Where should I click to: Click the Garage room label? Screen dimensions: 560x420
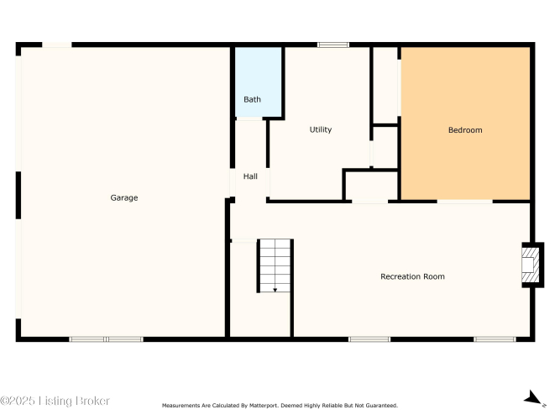124,197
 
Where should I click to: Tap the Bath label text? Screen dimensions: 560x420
252,99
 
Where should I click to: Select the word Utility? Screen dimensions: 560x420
321,129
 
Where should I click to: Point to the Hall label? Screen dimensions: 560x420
250,176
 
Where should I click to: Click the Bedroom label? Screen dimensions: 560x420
465,130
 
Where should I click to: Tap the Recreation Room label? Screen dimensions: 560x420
412,276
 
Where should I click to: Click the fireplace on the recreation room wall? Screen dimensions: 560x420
532,265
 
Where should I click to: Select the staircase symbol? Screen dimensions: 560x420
275,265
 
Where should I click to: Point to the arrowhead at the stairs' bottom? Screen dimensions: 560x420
275,290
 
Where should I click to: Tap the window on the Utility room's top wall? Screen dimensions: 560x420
332,45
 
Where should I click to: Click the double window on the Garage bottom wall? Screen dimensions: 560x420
106,339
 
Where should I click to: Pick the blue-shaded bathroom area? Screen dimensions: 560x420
259,81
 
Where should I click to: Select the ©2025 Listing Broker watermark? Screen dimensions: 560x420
55,401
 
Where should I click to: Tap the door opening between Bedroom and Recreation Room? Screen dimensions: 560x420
464,202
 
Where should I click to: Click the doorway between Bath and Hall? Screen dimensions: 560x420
249,118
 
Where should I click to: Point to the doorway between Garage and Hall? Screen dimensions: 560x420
232,182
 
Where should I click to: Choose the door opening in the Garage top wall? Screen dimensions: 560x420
57,45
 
